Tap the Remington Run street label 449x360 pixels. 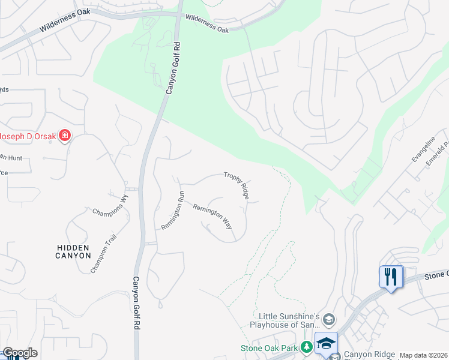pyautogui.click(x=172, y=210)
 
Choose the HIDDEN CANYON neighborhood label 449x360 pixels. pyautogui.click(x=73, y=251)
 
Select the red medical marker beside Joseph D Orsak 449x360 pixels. pyautogui.click(x=65, y=136)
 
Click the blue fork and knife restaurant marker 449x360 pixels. pyautogui.click(x=391, y=277)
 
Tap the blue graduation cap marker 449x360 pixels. pyautogui.click(x=325, y=343)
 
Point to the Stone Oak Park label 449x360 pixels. pyautogui.click(x=270, y=347)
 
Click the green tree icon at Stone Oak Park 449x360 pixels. pyautogui.click(x=306, y=347)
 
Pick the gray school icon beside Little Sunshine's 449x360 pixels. pyautogui.click(x=328, y=319)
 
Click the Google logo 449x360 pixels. pyautogui.click(x=20, y=353)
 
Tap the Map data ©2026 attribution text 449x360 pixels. pyautogui.click(x=423, y=355)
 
